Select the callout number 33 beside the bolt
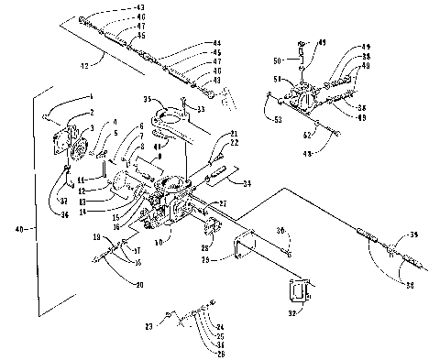coord(200,109)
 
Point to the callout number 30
coord(282,231)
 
